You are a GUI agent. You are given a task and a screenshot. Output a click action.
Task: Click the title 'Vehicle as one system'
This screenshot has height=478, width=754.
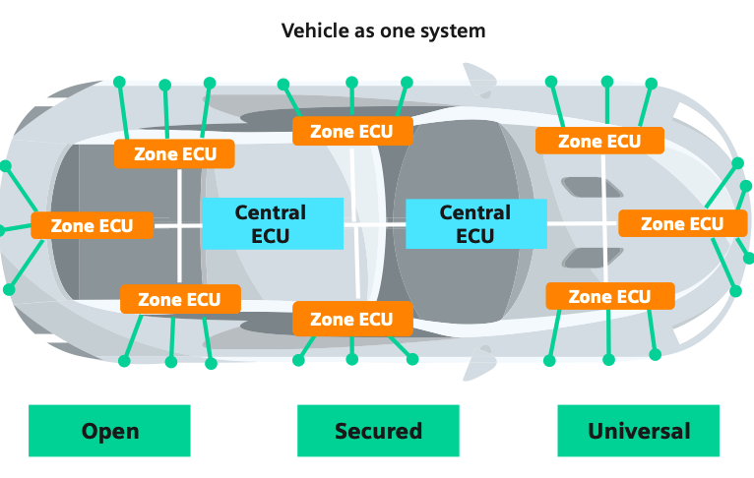pos(383,30)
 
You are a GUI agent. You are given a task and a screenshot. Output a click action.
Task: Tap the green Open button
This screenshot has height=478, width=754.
pos(109,431)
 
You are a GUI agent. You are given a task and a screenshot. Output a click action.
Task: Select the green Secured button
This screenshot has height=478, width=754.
pos(378,431)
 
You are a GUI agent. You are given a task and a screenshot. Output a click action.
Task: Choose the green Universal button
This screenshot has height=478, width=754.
pos(638,431)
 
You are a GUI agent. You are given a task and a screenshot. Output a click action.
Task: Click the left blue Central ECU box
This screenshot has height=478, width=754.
pos(272,224)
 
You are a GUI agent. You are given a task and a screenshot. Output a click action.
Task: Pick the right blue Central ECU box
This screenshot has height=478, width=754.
pos(475,224)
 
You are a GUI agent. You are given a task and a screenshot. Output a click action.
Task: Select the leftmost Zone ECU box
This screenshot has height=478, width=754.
pos(93,225)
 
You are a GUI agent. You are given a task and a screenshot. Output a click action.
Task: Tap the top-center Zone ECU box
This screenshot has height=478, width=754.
pos(351,131)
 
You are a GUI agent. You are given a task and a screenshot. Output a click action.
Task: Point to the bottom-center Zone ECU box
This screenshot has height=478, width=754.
pos(351,319)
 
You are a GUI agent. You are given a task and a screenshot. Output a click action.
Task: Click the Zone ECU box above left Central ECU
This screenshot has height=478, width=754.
pos(173,153)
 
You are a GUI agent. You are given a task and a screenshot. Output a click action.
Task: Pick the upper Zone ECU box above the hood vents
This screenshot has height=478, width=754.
pos(599,141)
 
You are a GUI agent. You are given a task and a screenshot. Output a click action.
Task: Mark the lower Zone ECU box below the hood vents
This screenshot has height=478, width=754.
pos(609,296)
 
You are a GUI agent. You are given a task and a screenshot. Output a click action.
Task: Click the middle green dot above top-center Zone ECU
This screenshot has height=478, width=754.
pos(351,82)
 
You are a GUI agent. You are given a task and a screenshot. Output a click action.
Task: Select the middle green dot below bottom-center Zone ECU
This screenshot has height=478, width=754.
pos(351,361)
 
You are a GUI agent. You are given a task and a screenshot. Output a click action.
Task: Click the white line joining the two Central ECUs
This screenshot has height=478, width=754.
pos(375,224)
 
